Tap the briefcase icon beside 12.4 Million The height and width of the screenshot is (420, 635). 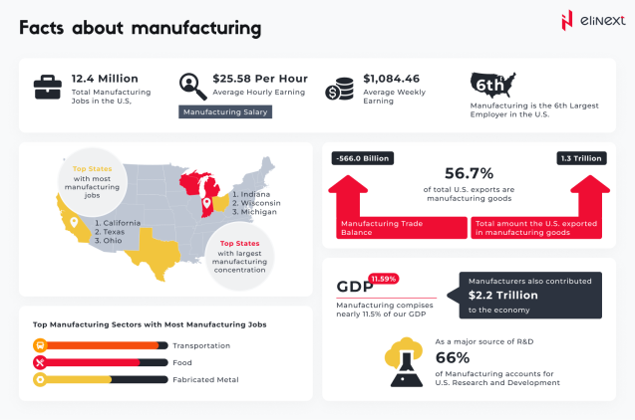47,89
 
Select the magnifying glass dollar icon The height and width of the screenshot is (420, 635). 191,88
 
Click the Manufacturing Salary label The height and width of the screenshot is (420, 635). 225,112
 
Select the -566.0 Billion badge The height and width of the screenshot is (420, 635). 362,158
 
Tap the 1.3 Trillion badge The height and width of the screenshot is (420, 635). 581,158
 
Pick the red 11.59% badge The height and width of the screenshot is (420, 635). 383,279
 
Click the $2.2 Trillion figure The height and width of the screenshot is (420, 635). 503,296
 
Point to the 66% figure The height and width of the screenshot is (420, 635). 452,357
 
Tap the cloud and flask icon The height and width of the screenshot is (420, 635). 406,361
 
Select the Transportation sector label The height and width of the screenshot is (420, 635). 201,345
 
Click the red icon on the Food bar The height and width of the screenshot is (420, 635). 41,362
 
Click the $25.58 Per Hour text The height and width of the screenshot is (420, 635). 260,79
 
